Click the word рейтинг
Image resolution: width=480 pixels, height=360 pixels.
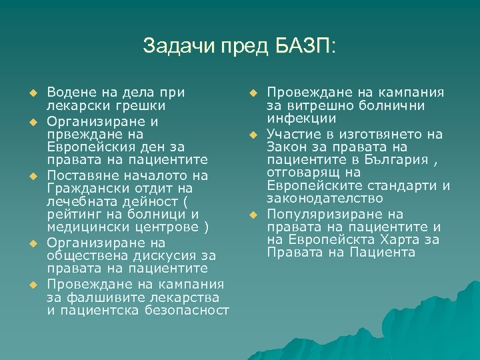[73, 215]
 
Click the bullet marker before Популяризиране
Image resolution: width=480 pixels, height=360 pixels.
[253, 215]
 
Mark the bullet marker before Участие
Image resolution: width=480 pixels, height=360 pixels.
[253, 135]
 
